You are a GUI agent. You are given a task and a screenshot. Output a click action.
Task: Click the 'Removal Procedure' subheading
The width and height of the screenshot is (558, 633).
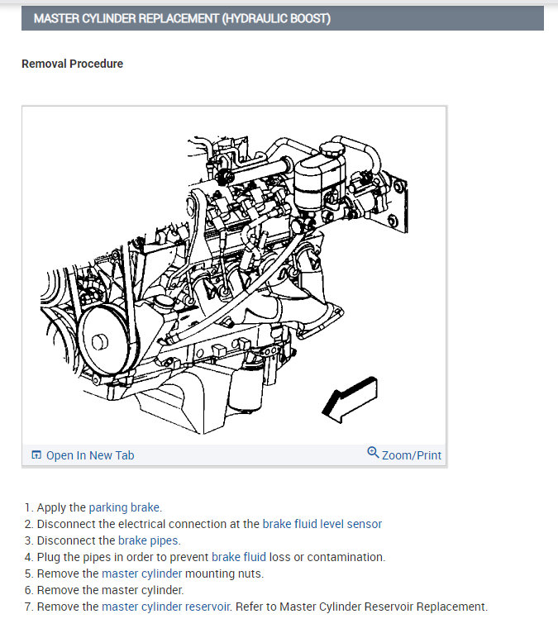[x=72, y=64]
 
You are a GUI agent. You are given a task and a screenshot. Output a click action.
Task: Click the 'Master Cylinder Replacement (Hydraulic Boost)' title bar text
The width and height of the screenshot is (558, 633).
[x=182, y=18]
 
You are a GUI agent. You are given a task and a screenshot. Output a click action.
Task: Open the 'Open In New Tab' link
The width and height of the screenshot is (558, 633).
[x=89, y=455]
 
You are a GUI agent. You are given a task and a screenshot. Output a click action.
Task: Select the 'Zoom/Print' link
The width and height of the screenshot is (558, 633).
[x=411, y=455]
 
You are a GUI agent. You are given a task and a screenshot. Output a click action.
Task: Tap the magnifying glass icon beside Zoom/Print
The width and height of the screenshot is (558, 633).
[x=373, y=453]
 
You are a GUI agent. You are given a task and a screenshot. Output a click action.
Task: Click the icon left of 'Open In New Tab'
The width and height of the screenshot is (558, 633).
[x=36, y=455]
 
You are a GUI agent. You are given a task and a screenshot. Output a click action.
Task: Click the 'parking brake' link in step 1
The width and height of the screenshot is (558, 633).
[x=124, y=507]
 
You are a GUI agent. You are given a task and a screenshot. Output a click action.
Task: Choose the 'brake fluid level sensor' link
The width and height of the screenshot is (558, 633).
[x=322, y=524]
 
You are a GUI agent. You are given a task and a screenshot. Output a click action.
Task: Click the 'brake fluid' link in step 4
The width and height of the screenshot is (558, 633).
[x=238, y=557]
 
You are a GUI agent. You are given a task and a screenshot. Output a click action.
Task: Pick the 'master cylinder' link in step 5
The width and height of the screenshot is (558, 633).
[x=141, y=574]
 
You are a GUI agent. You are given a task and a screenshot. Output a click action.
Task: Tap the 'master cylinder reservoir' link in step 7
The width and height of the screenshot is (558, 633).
[x=165, y=607]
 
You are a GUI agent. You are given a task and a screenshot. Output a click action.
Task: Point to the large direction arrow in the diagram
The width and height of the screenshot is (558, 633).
[x=349, y=397]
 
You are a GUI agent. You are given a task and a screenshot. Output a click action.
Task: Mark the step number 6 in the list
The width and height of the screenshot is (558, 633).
[x=27, y=590]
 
